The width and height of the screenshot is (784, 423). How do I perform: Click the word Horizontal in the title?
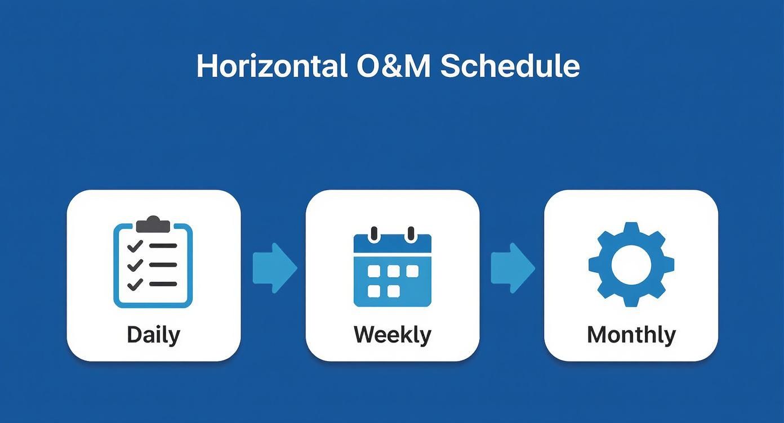[271, 66]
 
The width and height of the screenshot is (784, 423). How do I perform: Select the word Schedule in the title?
[510, 66]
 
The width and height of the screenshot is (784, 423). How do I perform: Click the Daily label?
[153, 335]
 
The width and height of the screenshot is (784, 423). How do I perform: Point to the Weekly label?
[392, 335]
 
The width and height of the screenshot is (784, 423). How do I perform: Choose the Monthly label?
[631, 335]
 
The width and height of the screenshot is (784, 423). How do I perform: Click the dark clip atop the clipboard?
[153, 224]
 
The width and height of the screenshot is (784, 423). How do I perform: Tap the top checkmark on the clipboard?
[135, 246]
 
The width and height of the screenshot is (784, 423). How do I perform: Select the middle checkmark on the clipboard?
[135, 265]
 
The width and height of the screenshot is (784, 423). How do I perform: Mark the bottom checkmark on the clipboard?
[135, 284]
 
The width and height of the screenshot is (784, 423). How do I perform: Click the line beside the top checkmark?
[163, 246]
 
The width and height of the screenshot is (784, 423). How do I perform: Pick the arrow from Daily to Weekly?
[274, 268]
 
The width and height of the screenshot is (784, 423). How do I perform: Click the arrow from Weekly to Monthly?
[513, 268]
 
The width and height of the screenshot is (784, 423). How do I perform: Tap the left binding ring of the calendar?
[373, 233]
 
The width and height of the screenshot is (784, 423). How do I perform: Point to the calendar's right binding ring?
[411, 233]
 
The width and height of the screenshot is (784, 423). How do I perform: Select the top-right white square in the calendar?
[413, 272]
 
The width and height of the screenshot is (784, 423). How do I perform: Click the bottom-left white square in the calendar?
[374, 291]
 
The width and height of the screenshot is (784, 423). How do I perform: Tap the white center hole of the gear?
[631, 264]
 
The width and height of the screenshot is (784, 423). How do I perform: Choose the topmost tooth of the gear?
[631, 228]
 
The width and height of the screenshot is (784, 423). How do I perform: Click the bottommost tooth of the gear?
[631, 300]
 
